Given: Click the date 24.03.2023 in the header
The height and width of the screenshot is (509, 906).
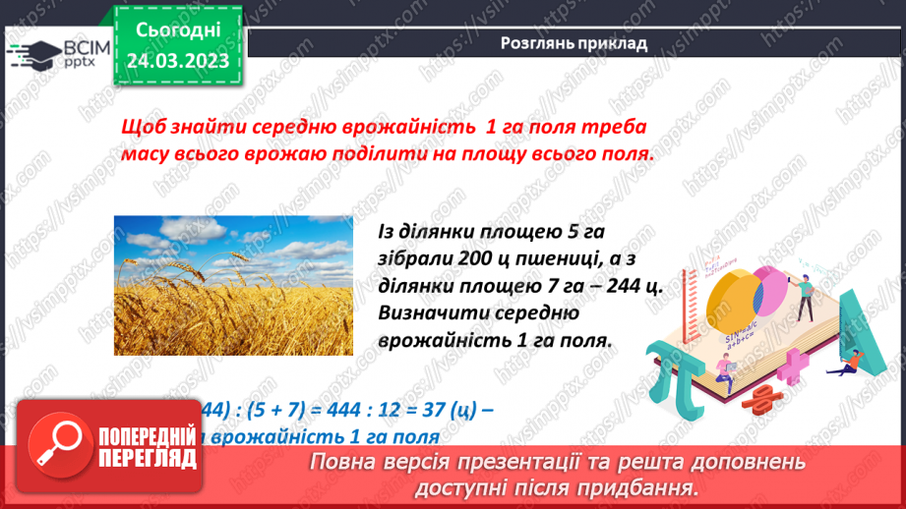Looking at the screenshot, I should tap(178, 60).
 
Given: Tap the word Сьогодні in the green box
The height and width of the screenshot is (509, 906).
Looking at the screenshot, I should tap(178, 31).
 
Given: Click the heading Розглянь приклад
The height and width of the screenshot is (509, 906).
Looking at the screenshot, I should tap(573, 43).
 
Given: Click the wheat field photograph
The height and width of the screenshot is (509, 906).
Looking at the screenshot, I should tap(233, 285).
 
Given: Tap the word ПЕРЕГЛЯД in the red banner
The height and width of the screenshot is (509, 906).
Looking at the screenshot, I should tap(148, 459).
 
